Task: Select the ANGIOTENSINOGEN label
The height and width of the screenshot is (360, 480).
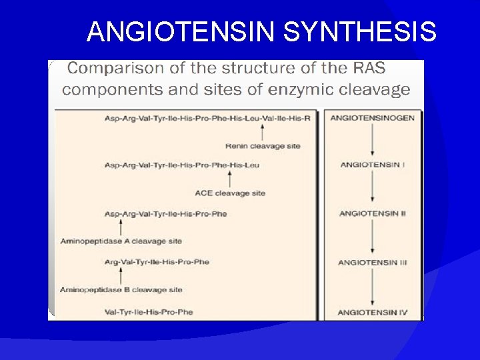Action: point(372,118)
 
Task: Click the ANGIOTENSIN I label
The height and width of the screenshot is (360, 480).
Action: point(372,165)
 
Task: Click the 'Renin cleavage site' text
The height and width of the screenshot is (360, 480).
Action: point(263,146)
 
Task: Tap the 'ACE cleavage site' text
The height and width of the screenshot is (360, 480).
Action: point(230,193)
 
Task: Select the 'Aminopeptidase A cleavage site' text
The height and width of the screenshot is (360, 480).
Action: point(121,241)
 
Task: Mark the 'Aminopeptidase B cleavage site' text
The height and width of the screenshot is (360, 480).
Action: point(121,290)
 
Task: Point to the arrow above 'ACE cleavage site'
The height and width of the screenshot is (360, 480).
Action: point(230,179)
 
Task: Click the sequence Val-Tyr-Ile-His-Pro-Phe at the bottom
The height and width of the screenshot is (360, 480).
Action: point(149,312)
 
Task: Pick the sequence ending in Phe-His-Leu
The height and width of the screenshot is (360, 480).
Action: point(181,165)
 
